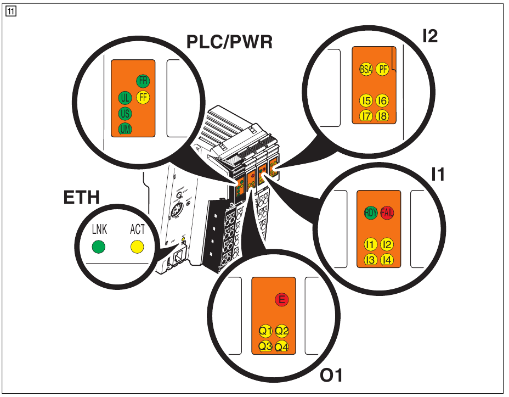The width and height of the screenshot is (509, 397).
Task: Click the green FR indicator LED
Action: [143, 81]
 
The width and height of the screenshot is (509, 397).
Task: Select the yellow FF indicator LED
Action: [143, 98]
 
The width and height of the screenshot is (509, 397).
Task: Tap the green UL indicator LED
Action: [125, 98]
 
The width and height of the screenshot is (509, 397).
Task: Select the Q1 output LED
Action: [266, 331]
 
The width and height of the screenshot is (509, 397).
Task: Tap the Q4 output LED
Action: [282, 347]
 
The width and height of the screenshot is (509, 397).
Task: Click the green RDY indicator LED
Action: [371, 214]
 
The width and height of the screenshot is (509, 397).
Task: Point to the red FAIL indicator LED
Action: [387, 214]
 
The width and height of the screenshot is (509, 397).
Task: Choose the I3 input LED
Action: [371, 260]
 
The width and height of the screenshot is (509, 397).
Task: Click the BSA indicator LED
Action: [365, 69]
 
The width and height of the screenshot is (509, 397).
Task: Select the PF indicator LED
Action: [382, 69]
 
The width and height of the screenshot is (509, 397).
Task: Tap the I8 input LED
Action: [382, 115]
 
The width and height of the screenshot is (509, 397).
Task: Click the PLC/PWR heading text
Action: [230, 42]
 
